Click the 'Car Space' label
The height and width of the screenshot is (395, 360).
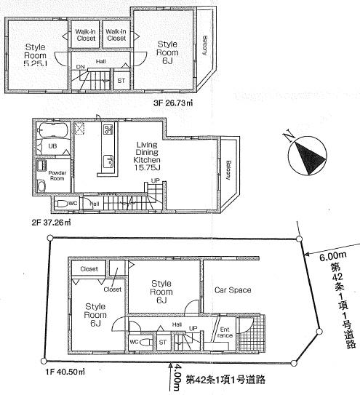[x=233, y=290]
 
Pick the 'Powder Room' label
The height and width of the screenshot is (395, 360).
[x=57, y=175]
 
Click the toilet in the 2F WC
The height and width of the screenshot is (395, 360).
[x=63, y=203]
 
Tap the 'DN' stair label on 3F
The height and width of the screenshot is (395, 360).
[x=80, y=68]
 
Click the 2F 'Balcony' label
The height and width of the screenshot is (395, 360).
[x=228, y=171]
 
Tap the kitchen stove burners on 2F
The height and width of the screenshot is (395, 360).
[x=108, y=130]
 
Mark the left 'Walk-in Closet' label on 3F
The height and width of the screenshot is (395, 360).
[x=86, y=34]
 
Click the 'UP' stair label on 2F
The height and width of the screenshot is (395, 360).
[x=155, y=180]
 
